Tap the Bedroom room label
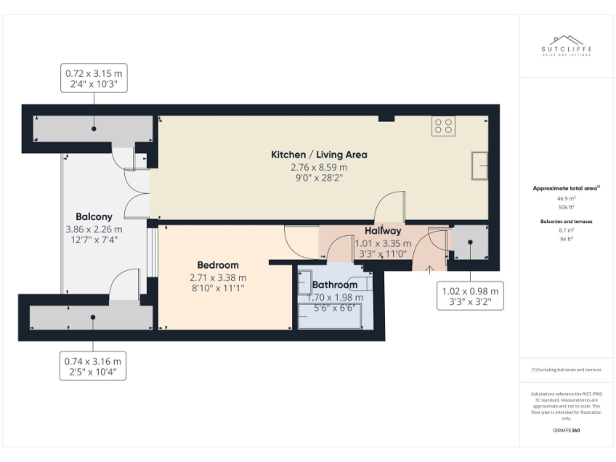click(x=218, y=265)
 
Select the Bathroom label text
click(x=334, y=285)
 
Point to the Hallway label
click(x=383, y=231)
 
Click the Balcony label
click(x=94, y=217)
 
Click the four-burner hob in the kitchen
click(x=444, y=126)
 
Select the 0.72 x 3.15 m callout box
click(x=95, y=80)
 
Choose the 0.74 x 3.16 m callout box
click(x=95, y=367)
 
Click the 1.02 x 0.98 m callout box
click(x=471, y=297)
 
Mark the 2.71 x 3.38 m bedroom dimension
click(x=218, y=278)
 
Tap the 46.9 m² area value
click(x=566, y=197)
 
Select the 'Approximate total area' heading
click(x=566, y=188)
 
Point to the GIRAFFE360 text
click(x=566, y=431)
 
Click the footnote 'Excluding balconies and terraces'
click(x=566, y=370)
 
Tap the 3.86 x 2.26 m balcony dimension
click(x=94, y=229)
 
